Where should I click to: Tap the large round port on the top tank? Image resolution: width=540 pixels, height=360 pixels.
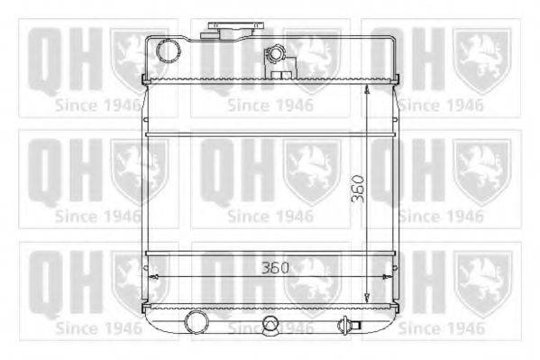click(169, 51)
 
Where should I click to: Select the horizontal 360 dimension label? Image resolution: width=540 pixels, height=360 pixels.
click(275, 268)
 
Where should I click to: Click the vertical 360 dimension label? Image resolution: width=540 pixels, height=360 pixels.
click(358, 189)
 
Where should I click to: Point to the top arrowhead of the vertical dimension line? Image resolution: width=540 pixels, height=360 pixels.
click(367, 89)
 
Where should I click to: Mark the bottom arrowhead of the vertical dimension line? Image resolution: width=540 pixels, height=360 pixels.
click(367, 299)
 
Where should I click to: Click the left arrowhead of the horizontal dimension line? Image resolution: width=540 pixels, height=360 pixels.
click(153, 277)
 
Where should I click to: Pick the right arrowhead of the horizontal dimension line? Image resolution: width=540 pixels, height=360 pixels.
click(388, 277)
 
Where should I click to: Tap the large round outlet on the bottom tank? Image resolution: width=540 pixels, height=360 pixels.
click(197, 322)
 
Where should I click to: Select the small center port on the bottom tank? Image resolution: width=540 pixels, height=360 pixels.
click(270, 325)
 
